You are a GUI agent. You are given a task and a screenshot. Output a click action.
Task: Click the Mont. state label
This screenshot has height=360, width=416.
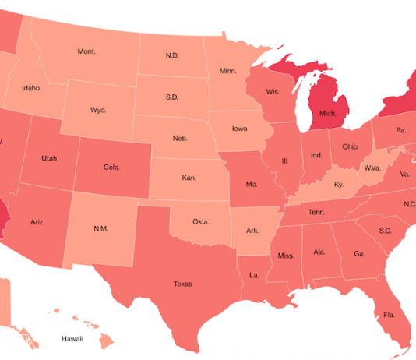coord(86,51)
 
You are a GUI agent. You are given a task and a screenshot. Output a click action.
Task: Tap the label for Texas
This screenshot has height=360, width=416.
coord(182,284)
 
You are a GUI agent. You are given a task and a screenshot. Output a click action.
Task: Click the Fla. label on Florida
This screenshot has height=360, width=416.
coord(388,316)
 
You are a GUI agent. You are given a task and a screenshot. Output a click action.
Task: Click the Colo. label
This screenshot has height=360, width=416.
coord(111,167)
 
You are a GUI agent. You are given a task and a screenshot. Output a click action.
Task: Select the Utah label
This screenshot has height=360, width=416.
coord(49,158)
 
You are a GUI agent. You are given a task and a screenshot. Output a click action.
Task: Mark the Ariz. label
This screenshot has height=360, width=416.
coord(37,222)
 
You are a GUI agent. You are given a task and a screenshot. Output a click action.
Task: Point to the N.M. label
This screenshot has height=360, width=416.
coord(101,228)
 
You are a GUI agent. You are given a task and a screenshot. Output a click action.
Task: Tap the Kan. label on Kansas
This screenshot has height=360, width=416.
coord(189,178)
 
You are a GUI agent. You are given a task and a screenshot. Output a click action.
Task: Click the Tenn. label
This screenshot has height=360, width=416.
coord(316,212)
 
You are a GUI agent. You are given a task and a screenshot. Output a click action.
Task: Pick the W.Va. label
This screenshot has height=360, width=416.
coord(372,167)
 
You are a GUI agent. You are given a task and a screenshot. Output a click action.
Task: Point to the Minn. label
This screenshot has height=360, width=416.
coord(227,71)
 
